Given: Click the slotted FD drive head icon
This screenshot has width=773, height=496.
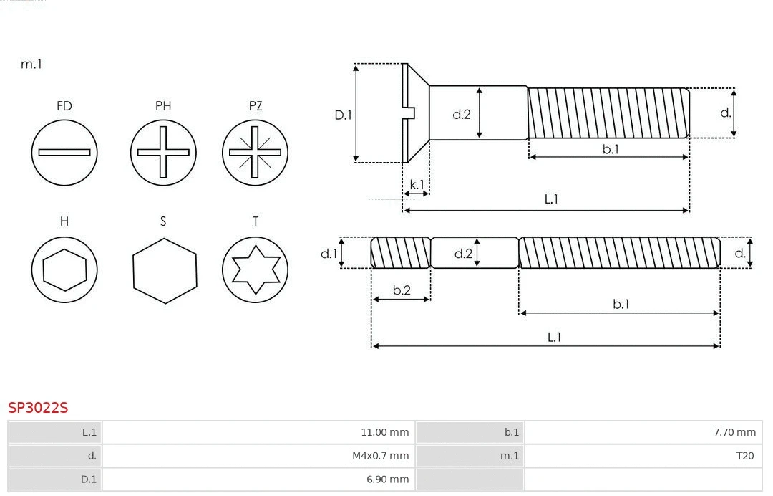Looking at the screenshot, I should tap(64, 152).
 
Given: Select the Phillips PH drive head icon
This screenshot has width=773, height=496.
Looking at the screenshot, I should tap(163, 152).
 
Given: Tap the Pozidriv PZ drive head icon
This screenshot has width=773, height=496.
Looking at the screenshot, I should tap(255, 152).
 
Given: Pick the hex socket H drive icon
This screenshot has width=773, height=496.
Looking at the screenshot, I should tap(64, 270).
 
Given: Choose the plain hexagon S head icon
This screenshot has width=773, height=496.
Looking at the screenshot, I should tap(164, 270).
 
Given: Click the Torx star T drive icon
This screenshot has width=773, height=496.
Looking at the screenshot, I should tap(255, 270).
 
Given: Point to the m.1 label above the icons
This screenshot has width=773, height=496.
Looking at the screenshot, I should tap(31, 64).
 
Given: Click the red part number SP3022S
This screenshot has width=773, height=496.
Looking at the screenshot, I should tap(38, 408).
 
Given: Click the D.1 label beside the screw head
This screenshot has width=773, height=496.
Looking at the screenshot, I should tap(344, 114).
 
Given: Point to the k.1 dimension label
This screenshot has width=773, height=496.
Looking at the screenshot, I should tap(417, 184).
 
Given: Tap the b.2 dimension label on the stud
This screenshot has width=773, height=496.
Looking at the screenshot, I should tap(402, 290).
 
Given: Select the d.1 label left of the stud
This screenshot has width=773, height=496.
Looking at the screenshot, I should tap(328, 253).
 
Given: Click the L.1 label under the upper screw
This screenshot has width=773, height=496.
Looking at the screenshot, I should tap(550, 199).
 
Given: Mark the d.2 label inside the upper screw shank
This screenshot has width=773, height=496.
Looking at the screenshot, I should tap(462, 113).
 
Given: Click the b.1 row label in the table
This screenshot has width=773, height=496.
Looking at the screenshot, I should tap(511, 432).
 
